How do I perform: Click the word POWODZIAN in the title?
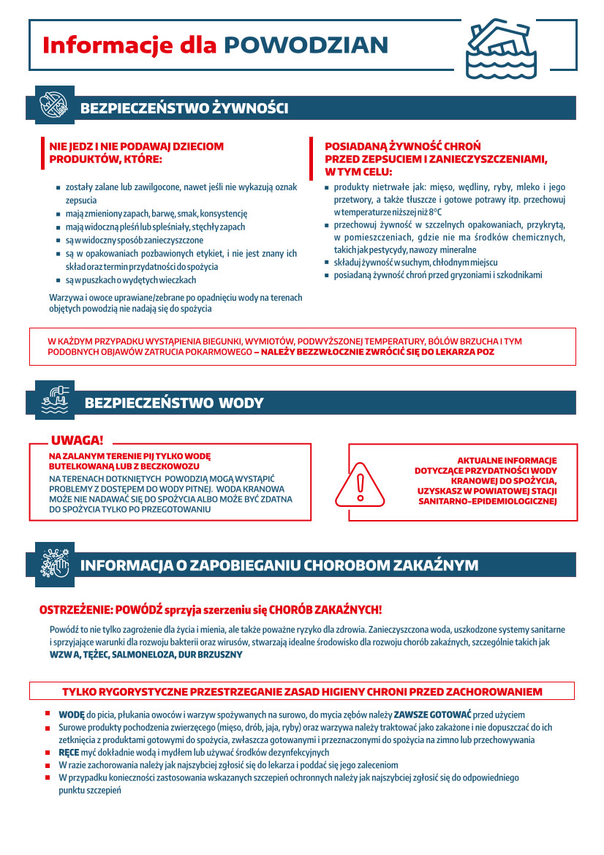306,45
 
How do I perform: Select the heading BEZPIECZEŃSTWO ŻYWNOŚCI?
184,108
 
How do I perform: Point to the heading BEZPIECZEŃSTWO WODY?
174,403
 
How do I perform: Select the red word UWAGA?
77,440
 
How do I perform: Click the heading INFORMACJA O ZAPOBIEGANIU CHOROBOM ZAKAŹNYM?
279,565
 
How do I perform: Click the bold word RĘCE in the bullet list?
69,753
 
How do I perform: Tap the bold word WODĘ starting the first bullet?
72,715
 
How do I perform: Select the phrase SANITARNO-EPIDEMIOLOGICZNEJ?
487,502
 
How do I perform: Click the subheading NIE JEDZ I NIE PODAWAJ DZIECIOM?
136,147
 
